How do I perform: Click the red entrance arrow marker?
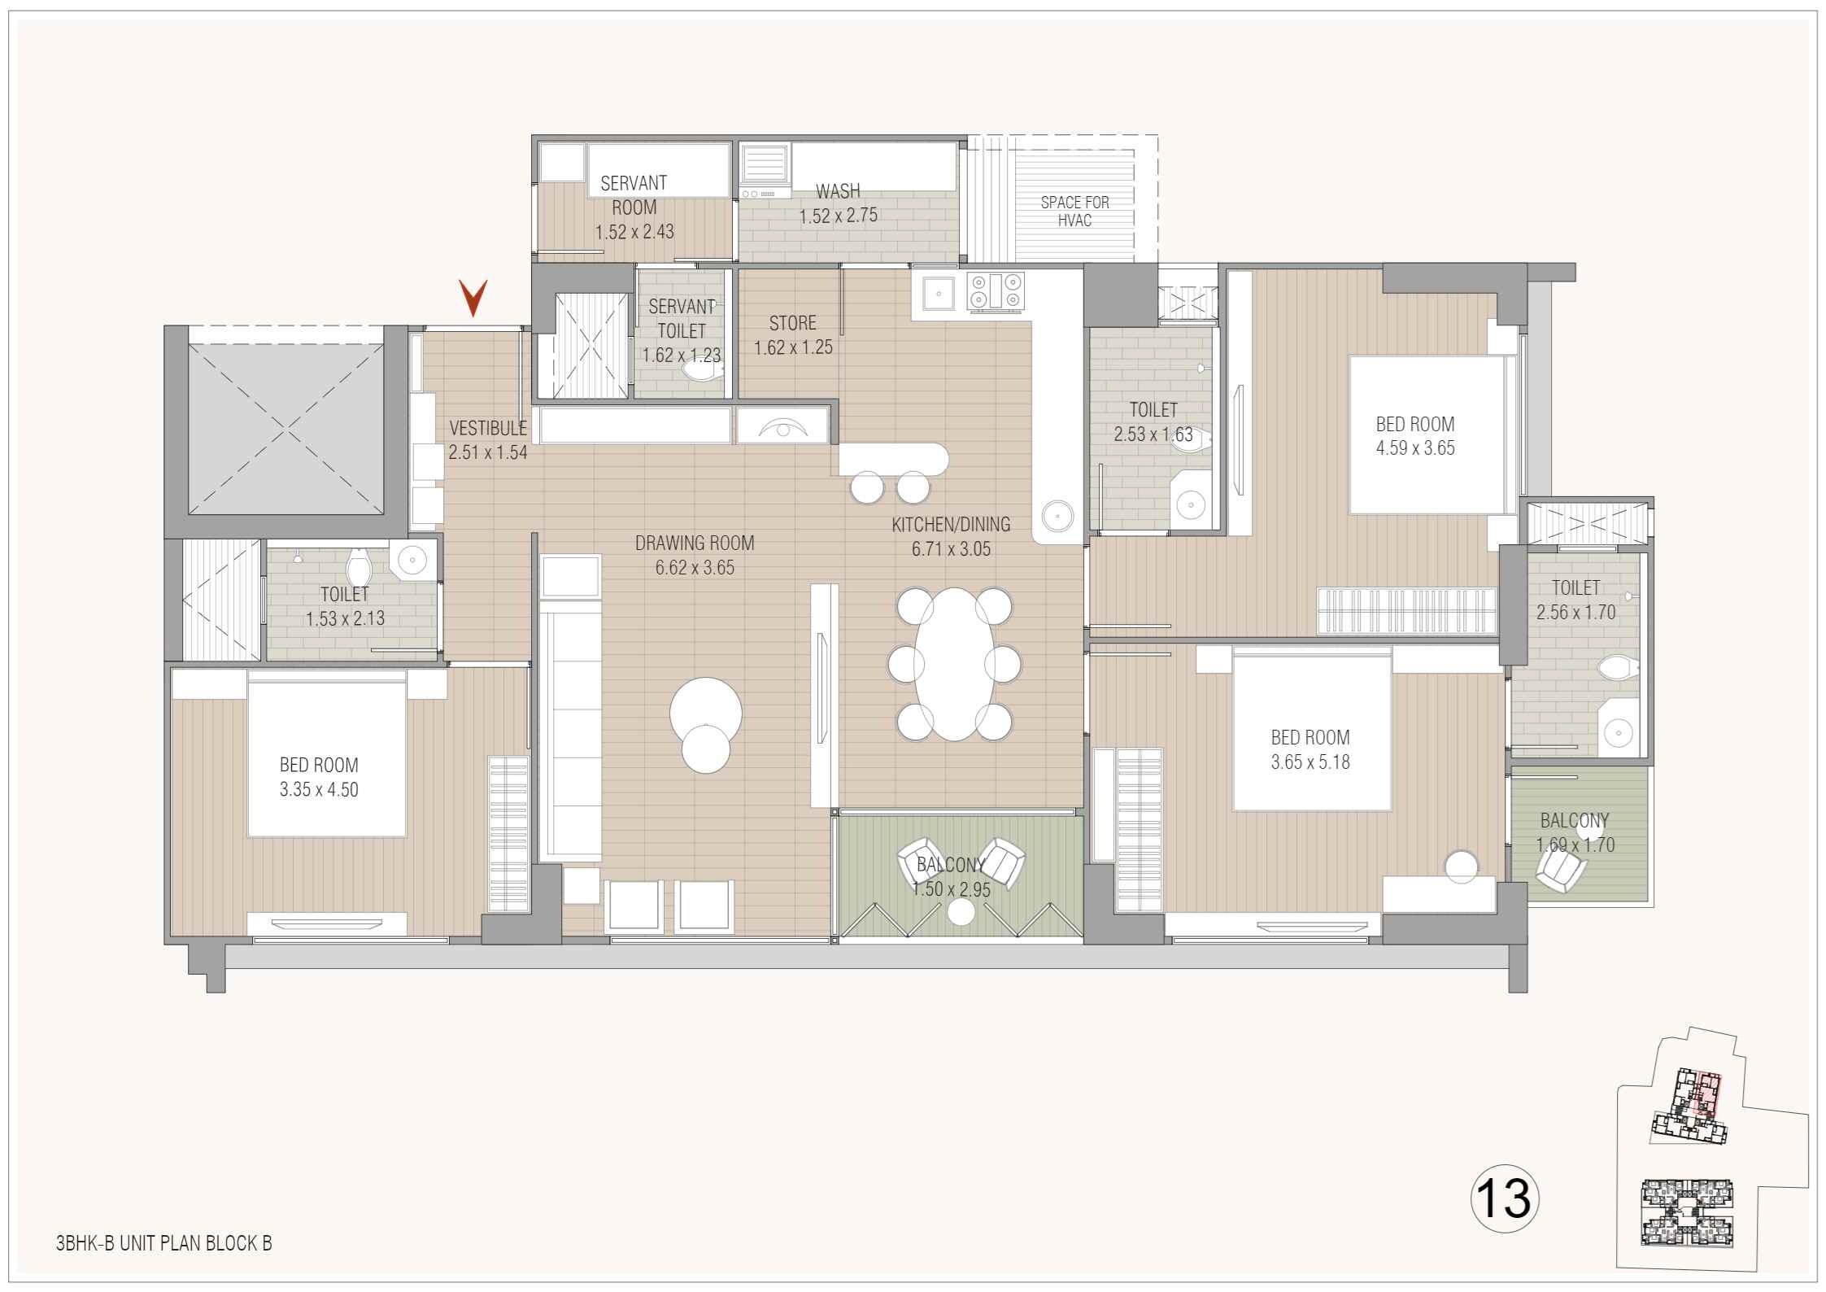pyautogui.click(x=473, y=298)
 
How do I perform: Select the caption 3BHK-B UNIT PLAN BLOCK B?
pyautogui.click(x=163, y=1243)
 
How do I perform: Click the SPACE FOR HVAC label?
pyautogui.click(x=1074, y=212)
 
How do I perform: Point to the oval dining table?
pyautogui.click(x=954, y=664)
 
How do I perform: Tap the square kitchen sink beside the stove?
pyautogui.click(x=938, y=292)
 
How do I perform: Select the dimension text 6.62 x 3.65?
pyautogui.click(x=695, y=568)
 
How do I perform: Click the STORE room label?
pyautogui.click(x=792, y=323)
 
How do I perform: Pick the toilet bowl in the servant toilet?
pyautogui.click(x=701, y=371)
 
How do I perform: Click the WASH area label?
pyautogui.click(x=838, y=191)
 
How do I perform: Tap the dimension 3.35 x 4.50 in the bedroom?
pyautogui.click(x=319, y=790)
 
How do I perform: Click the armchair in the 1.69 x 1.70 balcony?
pyautogui.click(x=1560, y=874)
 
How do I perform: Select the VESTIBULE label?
pyautogui.click(x=488, y=428)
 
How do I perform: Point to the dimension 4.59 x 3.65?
pyautogui.click(x=1414, y=448)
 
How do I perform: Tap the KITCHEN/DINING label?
pyautogui.click(x=951, y=525)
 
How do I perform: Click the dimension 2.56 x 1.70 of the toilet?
pyautogui.click(x=1575, y=613)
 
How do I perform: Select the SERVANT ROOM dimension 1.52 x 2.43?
pyautogui.click(x=634, y=233)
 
